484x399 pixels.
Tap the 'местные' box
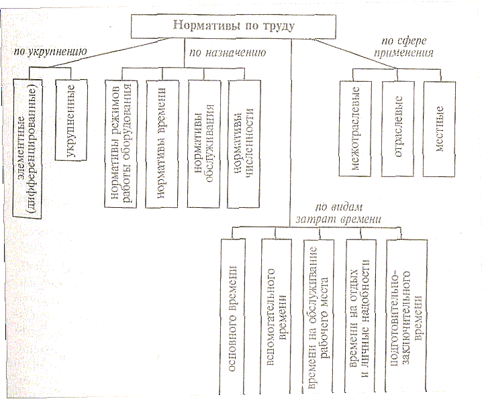click(439, 127)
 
